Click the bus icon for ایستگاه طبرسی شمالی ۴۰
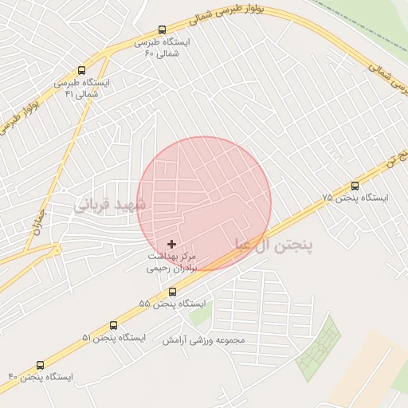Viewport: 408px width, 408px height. click(163, 30)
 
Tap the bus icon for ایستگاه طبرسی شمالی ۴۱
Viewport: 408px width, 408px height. click(81, 70)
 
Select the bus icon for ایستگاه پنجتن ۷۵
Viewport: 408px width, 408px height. click(355, 186)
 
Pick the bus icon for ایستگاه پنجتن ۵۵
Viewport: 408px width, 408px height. click(172, 292)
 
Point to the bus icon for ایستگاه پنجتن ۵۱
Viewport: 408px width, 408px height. click(113, 326)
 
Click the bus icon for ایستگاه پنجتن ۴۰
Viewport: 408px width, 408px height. click(41, 364)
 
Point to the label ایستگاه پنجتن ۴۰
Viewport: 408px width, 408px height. click(41, 375)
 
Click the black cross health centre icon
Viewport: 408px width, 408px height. click(172, 243)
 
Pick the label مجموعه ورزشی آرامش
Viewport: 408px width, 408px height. click(206, 340)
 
